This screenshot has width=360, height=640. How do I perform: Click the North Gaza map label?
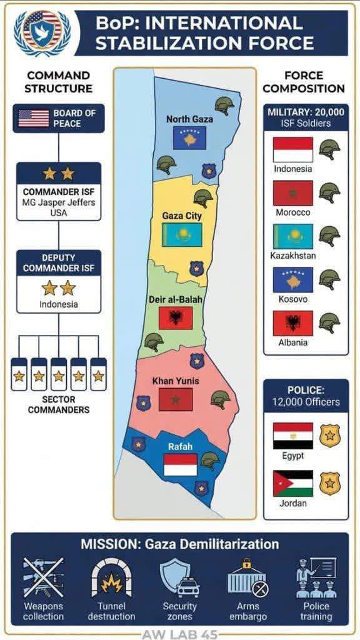point(189,119)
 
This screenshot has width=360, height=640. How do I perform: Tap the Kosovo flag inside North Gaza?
point(189,137)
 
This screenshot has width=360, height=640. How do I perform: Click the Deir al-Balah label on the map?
point(175,300)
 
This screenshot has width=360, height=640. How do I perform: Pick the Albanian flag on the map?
point(176,318)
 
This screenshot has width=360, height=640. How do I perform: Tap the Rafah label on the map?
point(180,446)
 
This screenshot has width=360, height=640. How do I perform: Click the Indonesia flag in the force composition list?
point(292,150)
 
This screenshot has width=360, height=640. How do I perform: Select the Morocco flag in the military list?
point(292,193)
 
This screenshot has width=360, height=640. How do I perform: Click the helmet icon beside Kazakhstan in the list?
point(329,236)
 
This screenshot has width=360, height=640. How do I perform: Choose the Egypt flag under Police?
point(292,436)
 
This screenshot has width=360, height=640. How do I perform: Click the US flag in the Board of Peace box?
point(33,118)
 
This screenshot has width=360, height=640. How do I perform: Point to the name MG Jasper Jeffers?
point(58,202)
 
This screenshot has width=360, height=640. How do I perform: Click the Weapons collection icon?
point(43,579)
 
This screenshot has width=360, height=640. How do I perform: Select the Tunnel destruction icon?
point(111,579)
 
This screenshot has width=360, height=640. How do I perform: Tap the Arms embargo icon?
point(248,579)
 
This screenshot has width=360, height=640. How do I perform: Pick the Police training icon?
point(316,579)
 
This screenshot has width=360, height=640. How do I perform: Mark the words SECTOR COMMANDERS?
point(58,404)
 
